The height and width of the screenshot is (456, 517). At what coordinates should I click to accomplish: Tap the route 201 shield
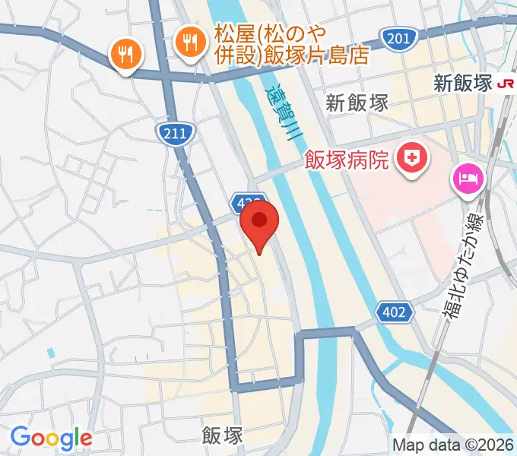[401, 39]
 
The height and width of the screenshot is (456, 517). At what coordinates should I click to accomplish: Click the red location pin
[259, 223]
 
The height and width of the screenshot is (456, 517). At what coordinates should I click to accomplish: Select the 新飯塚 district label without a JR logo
[357, 103]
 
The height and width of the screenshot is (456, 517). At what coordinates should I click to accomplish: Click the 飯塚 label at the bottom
[223, 435]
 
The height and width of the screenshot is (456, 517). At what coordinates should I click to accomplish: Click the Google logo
[51, 437]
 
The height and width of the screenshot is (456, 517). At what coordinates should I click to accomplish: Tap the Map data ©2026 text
[453, 445]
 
